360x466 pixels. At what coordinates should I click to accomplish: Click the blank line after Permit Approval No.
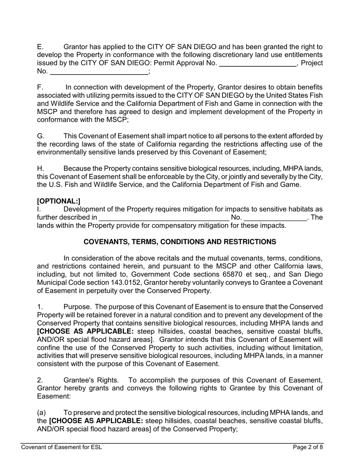(258, 64)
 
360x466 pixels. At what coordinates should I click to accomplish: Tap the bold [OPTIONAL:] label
(59, 201)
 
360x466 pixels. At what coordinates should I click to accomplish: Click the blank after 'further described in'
(164, 218)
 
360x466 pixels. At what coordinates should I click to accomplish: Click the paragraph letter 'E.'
(41, 47)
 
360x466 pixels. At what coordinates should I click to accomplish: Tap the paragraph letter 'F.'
(41, 87)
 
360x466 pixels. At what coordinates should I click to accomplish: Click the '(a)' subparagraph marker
(41, 413)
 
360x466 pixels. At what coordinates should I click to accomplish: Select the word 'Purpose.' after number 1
(77, 307)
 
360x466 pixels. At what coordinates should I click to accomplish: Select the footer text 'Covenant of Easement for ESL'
(61, 447)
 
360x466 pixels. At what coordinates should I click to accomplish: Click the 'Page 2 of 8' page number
(308, 447)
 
